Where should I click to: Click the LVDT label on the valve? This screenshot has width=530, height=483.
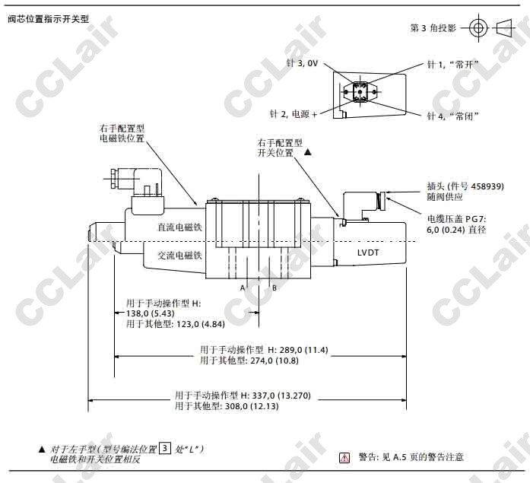pos(368,253)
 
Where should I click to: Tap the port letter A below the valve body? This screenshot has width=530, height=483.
pos(243,288)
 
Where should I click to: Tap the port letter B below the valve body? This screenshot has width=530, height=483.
pos(275,288)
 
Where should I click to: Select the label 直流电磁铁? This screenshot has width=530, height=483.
pos(179,227)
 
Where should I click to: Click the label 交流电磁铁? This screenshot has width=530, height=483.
pos(179,255)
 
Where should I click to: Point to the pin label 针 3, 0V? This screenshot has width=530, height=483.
pos(302,63)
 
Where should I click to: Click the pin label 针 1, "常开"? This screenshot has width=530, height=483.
pos(453,64)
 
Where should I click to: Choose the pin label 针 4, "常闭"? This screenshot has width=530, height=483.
pos(453,116)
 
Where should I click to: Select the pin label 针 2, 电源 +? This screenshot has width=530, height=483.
pos(294,114)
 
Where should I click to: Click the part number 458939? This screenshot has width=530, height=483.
pos(486,186)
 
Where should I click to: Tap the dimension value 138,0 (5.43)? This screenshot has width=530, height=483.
pos(151,313)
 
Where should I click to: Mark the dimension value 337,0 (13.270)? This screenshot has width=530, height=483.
pos(281,395)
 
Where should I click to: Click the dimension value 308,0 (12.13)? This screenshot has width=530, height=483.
pos(252,406)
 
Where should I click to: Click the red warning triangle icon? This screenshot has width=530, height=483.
pos(344,458)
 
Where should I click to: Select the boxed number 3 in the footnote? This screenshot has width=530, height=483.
pos(165,448)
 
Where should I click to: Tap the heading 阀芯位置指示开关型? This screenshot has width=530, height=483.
pos(49,19)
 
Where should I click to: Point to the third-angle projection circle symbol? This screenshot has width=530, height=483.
pos(478,27)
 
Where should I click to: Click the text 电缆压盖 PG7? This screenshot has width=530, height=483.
pos(456,219)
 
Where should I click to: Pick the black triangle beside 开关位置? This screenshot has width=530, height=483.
pos(308,152)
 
